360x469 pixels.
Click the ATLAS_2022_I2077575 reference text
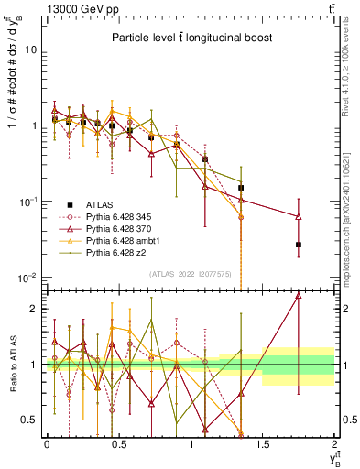[191, 272]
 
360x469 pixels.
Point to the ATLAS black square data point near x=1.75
[299, 245]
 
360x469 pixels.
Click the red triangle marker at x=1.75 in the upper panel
[299, 217]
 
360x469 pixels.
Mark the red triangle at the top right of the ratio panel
[299, 296]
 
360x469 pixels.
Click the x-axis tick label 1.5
[263, 444]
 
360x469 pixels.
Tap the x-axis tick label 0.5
[118, 444]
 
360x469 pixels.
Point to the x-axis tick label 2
[334, 444]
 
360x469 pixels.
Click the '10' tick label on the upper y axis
[30, 49]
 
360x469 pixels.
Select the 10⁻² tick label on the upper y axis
[28, 278]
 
